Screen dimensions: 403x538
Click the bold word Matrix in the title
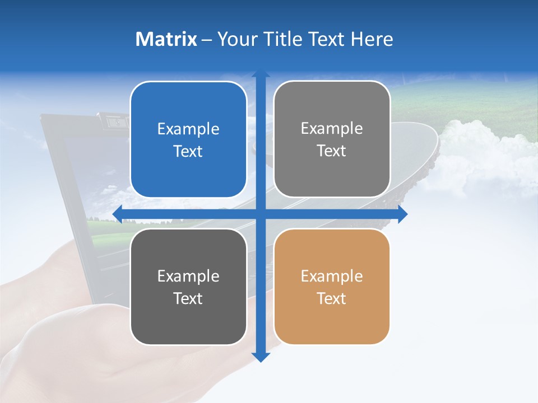click(166, 39)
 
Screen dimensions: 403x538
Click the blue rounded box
click(188, 140)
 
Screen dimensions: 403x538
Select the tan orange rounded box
click(332, 287)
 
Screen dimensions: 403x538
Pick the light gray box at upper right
click(332, 139)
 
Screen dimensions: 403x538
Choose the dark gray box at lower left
click(188, 287)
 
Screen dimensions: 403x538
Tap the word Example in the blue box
click(188, 129)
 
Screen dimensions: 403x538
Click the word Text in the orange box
click(332, 298)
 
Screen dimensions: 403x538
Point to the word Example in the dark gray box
click(188, 276)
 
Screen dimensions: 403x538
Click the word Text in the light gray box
click(332, 151)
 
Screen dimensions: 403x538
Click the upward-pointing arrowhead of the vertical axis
click(261, 74)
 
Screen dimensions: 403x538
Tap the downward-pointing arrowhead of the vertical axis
click(261, 357)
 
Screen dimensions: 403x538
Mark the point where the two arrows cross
click(261, 214)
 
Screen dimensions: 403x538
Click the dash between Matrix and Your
click(207, 40)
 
